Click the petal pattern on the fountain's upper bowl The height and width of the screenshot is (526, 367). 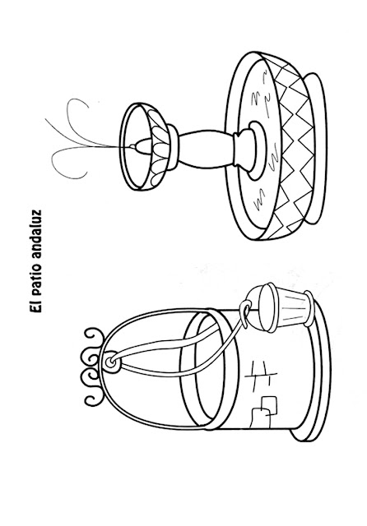(x=157, y=146)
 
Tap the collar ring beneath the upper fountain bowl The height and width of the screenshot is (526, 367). (x=172, y=146)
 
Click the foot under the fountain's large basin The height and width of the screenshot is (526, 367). (x=318, y=148)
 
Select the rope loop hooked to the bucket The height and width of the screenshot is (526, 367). (x=246, y=312)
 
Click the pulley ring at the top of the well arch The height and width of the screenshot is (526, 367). (x=110, y=362)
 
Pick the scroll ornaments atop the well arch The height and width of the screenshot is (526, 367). (x=91, y=367)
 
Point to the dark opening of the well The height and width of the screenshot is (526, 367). (x=206, y=368)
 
